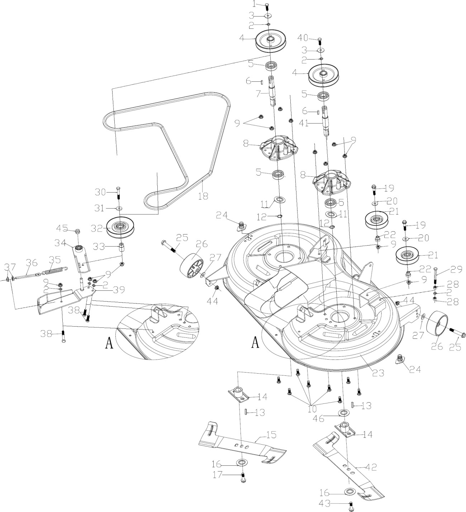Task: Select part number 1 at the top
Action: (x=255, y=5)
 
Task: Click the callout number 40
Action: (x=303, y=38)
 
